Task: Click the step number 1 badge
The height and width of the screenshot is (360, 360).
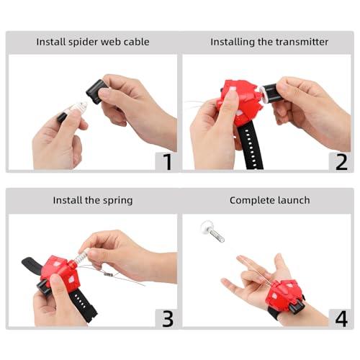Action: pyautogui.click(x=167, y=161)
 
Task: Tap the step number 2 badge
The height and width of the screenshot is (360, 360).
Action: pyautogui.click(x=341, y=161)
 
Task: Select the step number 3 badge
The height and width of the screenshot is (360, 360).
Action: pyautogui.click(x=167, y=318)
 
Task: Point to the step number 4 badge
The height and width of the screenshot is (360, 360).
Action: pyautogui.click(x=341, y=318)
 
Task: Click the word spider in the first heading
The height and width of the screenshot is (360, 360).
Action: pyautogui.click(x=84, y=42)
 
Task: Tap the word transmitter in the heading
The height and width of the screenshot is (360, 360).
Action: pyautogui.click(x=302, y=42)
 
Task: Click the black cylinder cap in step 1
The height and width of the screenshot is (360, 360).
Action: pyautogui.click(x=95, y=91)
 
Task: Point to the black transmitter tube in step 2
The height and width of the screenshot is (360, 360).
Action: pyautogui.click(x=270, y=93)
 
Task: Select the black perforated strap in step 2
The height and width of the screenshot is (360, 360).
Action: pyautogui.click(x=251, y=148)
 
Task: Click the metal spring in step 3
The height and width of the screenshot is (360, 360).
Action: pyautogui.click(x=80, y=257)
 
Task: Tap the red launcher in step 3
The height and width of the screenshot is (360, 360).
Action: pyautogui.click(x=60, y=272)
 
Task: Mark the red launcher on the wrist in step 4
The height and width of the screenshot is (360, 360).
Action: pyautogui.click(x=284, y=295)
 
